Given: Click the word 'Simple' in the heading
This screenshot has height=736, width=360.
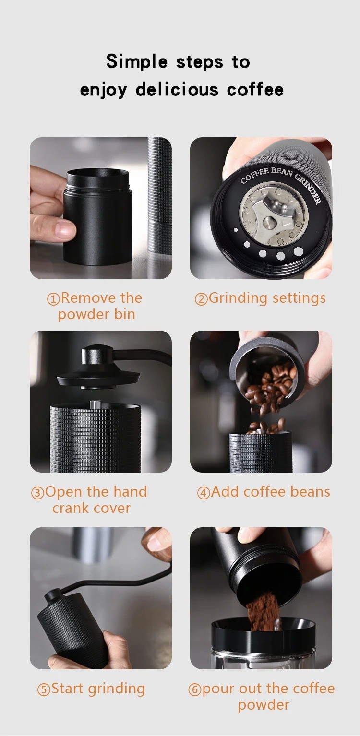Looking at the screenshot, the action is tap(137, 62).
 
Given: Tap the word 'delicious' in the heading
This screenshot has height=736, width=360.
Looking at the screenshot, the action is tap(177, 89).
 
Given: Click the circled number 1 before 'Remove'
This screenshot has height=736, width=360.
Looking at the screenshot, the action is tap(53, 299).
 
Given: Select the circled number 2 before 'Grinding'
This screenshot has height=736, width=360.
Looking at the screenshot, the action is tap(201, 299).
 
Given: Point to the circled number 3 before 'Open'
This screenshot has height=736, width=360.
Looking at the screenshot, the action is tap(37, 493).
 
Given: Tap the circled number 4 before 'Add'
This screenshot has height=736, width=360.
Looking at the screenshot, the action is tap(204, 493).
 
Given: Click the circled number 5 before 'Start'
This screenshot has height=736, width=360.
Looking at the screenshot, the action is tap(44, 689).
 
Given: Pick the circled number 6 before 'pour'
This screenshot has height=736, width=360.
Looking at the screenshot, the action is tap(194, 689).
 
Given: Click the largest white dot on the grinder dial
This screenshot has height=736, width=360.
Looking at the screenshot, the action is tap(298, 251).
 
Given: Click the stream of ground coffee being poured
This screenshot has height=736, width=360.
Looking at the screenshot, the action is tap(264, 612).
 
